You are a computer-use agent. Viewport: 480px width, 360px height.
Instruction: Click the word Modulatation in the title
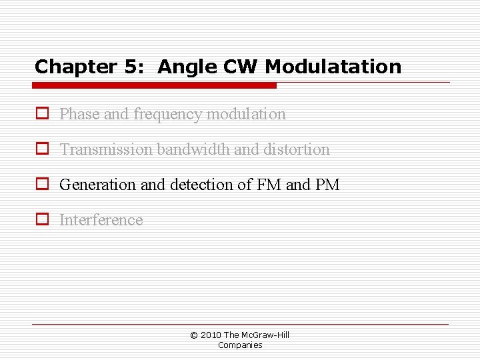(x=333, y=67)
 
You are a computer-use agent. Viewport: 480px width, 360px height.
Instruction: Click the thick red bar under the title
(x=155, y=85)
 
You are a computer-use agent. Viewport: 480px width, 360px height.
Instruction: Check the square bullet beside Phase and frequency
(x=42, y=114)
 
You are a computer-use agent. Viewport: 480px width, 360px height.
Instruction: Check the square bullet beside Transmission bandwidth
(x=42, y=149)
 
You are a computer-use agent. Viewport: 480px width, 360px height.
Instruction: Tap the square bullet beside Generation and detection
(x=42, y=185)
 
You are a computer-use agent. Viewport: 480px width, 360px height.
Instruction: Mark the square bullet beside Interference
(x=42, y=220)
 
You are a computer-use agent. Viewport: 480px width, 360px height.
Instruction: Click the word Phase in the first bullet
(x=79, y=114)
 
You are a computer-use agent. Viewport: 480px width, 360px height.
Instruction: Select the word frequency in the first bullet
(x=168, y=115)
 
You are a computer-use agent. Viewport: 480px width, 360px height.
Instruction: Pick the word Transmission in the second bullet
(x=106, y=149)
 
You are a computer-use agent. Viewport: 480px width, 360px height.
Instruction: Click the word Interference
(x=101, y=220)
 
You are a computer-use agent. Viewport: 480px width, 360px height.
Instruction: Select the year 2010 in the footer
(x=211, y=335)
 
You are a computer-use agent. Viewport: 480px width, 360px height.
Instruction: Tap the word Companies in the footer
(x=240, y=345)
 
